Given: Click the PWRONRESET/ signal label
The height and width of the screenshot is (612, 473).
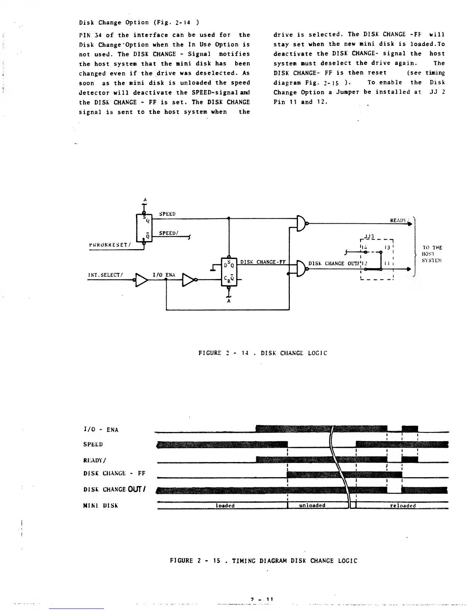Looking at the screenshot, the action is [109, 245].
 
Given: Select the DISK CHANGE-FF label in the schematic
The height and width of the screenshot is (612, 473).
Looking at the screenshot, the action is [263, 262].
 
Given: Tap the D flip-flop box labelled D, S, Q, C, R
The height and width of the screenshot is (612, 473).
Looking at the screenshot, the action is [228, 271].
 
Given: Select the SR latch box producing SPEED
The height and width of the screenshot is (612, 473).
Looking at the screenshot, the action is [144, 228].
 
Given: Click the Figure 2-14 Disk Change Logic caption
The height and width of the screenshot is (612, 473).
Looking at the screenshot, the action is [262, 353].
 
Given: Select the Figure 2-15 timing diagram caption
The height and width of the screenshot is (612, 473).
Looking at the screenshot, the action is [264, 561].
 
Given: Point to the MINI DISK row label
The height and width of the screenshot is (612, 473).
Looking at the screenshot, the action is [100, 505].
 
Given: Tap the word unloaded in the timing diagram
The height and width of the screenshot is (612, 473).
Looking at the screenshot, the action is [312, 505].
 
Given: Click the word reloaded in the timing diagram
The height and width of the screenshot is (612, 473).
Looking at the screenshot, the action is [403, 506].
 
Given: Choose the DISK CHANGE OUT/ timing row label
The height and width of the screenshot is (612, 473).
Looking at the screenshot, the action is [114, 490].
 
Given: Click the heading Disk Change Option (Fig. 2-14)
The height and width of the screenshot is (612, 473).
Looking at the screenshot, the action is [139, 22].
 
